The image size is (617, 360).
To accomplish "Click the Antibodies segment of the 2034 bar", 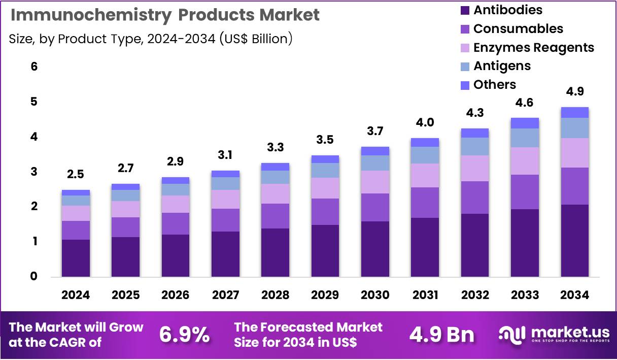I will [574, 240].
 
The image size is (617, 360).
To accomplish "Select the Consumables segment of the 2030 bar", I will [375, 207].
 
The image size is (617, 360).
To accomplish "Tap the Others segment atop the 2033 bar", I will [525, 123].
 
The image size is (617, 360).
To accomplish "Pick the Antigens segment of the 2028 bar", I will [275, 177].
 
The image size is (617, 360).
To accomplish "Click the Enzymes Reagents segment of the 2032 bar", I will [474, 168].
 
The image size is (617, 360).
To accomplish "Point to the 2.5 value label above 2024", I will [76, 174].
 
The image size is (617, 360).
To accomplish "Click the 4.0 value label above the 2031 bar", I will [425, 122].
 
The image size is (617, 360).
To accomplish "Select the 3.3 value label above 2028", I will [275, 147].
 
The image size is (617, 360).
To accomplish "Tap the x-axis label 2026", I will [175, 295].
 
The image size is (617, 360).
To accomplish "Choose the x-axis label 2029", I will [325, 295].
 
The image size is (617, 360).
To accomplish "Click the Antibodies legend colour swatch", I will [465, 10].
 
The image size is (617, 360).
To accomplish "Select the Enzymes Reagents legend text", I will [533, 47].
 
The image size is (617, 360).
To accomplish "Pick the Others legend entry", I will [494, 85].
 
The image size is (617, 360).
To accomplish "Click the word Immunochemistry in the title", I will [91, 15].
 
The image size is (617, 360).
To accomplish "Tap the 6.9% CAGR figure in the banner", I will [184, 335].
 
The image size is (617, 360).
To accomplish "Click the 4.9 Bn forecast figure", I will [441, 335].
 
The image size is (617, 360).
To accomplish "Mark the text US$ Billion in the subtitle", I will [256, 39].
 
